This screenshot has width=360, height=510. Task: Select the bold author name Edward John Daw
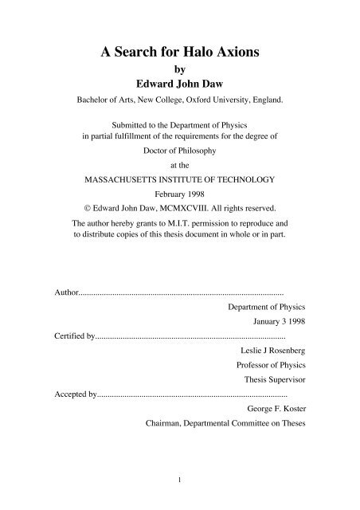(x=180, y=87)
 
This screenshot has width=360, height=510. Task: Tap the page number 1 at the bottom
(x=181, y=478)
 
